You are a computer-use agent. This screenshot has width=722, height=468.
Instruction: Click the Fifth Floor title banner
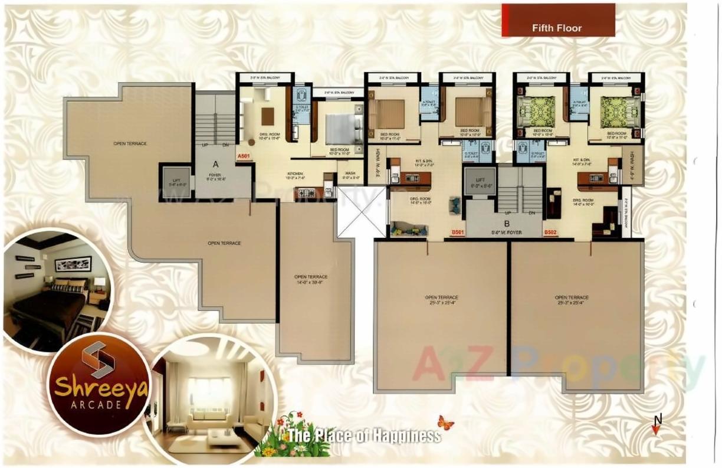tap(557, 28)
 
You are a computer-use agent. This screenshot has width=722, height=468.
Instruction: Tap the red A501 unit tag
tap(243, 156)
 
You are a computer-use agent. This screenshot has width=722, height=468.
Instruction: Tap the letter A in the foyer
tap(216, 165)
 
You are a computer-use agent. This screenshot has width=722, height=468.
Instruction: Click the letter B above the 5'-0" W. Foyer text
tap(507, 223)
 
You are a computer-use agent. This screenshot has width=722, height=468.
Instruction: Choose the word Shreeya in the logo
tap(101, 387)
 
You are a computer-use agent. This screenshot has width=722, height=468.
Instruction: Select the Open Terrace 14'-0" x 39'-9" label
tap(311, 279)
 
